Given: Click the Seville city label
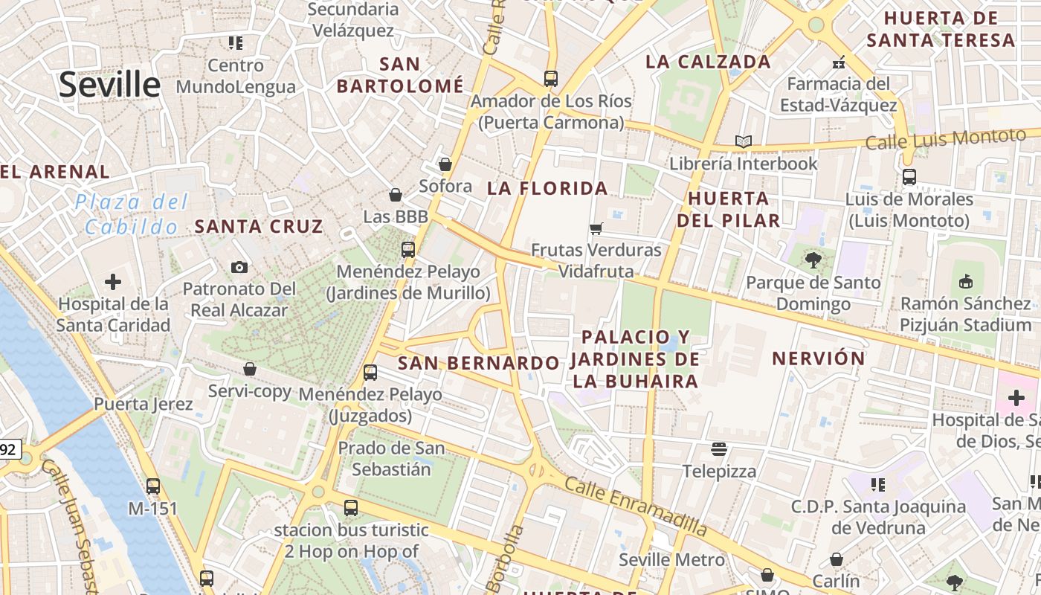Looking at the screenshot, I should point(109,85).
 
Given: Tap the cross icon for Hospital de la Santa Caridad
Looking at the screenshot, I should point(113,282).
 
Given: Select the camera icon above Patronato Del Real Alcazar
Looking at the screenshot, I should point(239,267).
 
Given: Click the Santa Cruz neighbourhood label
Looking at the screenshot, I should point(259,227).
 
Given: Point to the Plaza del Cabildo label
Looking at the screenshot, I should point(132,214).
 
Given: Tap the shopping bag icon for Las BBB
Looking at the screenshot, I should point(396,195).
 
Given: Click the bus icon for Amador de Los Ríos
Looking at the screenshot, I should point(551,78).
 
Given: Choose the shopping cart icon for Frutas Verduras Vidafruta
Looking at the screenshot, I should point(596,228).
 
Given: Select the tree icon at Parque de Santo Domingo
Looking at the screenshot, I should point(813,260).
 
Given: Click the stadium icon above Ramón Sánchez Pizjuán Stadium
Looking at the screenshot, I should point(965,281).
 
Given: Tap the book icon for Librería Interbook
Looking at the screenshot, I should point(743,141).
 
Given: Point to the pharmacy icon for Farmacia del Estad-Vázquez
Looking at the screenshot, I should point(839,62).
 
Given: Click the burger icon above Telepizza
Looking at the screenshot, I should point(718,448).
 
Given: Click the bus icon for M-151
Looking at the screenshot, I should point(153,486).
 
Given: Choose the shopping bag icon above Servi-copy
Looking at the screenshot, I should point(250,369).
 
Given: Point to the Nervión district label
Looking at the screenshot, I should point(819,358).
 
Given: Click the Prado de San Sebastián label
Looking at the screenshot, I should point(391,459).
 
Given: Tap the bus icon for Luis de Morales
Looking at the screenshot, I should point(909,177).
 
